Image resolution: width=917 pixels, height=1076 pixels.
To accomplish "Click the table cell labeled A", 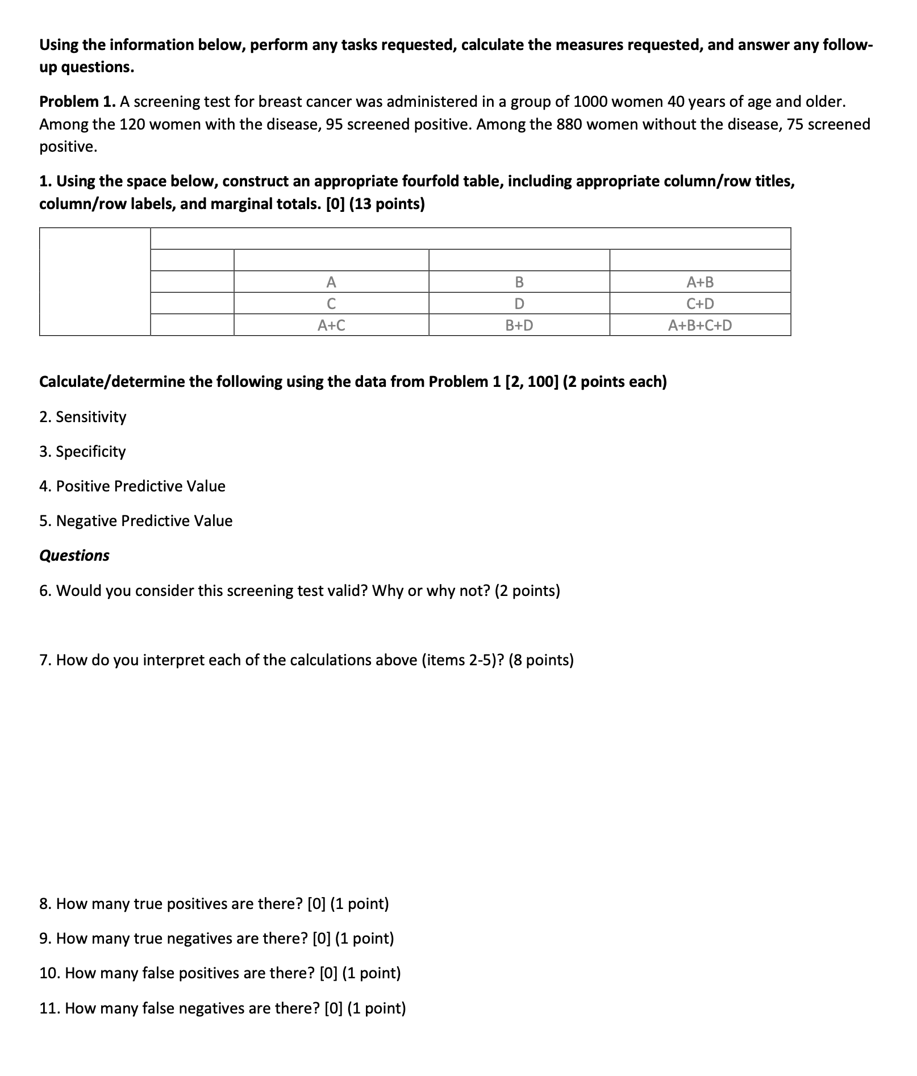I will click(x=331, y=282).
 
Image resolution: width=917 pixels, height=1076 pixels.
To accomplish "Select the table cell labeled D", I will click(x=519, y=304).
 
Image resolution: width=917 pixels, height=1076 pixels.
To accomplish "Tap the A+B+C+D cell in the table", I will click(x=700, y=326).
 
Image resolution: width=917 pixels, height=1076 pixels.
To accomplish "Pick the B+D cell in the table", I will click(x=519, y=326).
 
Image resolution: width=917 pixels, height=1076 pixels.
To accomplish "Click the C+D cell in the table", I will click(x=700, y=304).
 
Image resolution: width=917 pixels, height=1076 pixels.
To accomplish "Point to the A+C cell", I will click(x=331, y=326).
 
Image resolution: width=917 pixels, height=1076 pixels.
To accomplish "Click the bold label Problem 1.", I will click(x=77, y=102).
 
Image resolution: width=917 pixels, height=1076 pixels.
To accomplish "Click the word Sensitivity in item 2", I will click(x=91, y=417).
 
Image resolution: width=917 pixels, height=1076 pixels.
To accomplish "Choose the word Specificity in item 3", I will click(x=91, y=452).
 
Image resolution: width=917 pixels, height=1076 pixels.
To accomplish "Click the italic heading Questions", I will click(x=74, y=556).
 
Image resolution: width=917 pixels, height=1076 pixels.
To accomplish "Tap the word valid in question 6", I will click(x=351, y=591).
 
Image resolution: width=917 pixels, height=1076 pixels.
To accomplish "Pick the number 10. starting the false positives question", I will click(x=49, y=974).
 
